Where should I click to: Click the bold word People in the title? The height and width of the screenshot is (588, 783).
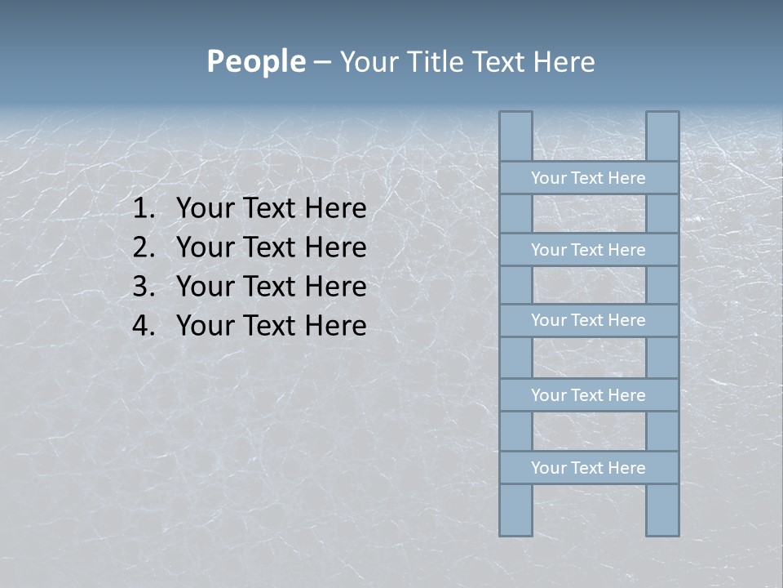[x=256, y=61]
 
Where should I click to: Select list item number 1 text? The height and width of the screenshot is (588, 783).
[x=271, y=209]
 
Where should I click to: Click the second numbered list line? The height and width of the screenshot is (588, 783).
[x=271, y=247]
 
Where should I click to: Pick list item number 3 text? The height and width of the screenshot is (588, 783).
[x=271, y=287]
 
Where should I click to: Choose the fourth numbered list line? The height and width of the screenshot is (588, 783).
[x=271, y=326]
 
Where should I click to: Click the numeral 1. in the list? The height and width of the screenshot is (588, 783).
[x=143, y=209]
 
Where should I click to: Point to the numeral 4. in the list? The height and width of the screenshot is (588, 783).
[x=143, y=326]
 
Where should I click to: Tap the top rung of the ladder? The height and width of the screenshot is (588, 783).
[x=588, y=178]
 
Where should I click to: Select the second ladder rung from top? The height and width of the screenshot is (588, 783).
[x=588, y=250]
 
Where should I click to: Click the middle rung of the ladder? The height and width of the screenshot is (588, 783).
[x=588, y=320]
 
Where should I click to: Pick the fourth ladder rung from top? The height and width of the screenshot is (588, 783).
[x=588, y=395]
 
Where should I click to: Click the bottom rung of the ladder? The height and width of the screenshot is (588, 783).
[x=588, y=468]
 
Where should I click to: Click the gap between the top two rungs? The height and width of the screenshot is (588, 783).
[x=589, y=214]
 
